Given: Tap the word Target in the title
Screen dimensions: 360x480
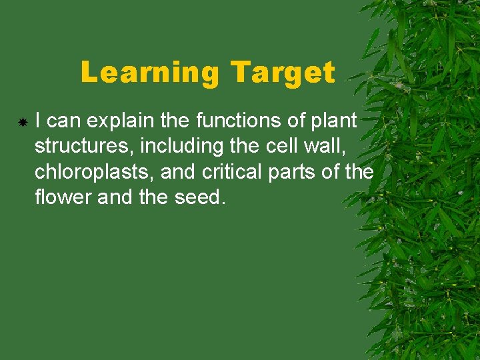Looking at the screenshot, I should pos(283,73).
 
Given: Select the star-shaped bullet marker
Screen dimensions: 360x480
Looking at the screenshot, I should pos(22,123).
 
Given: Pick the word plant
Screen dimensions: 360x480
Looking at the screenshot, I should pos(337,121).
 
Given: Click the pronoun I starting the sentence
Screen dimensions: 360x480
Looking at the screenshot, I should pos(39,121).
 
